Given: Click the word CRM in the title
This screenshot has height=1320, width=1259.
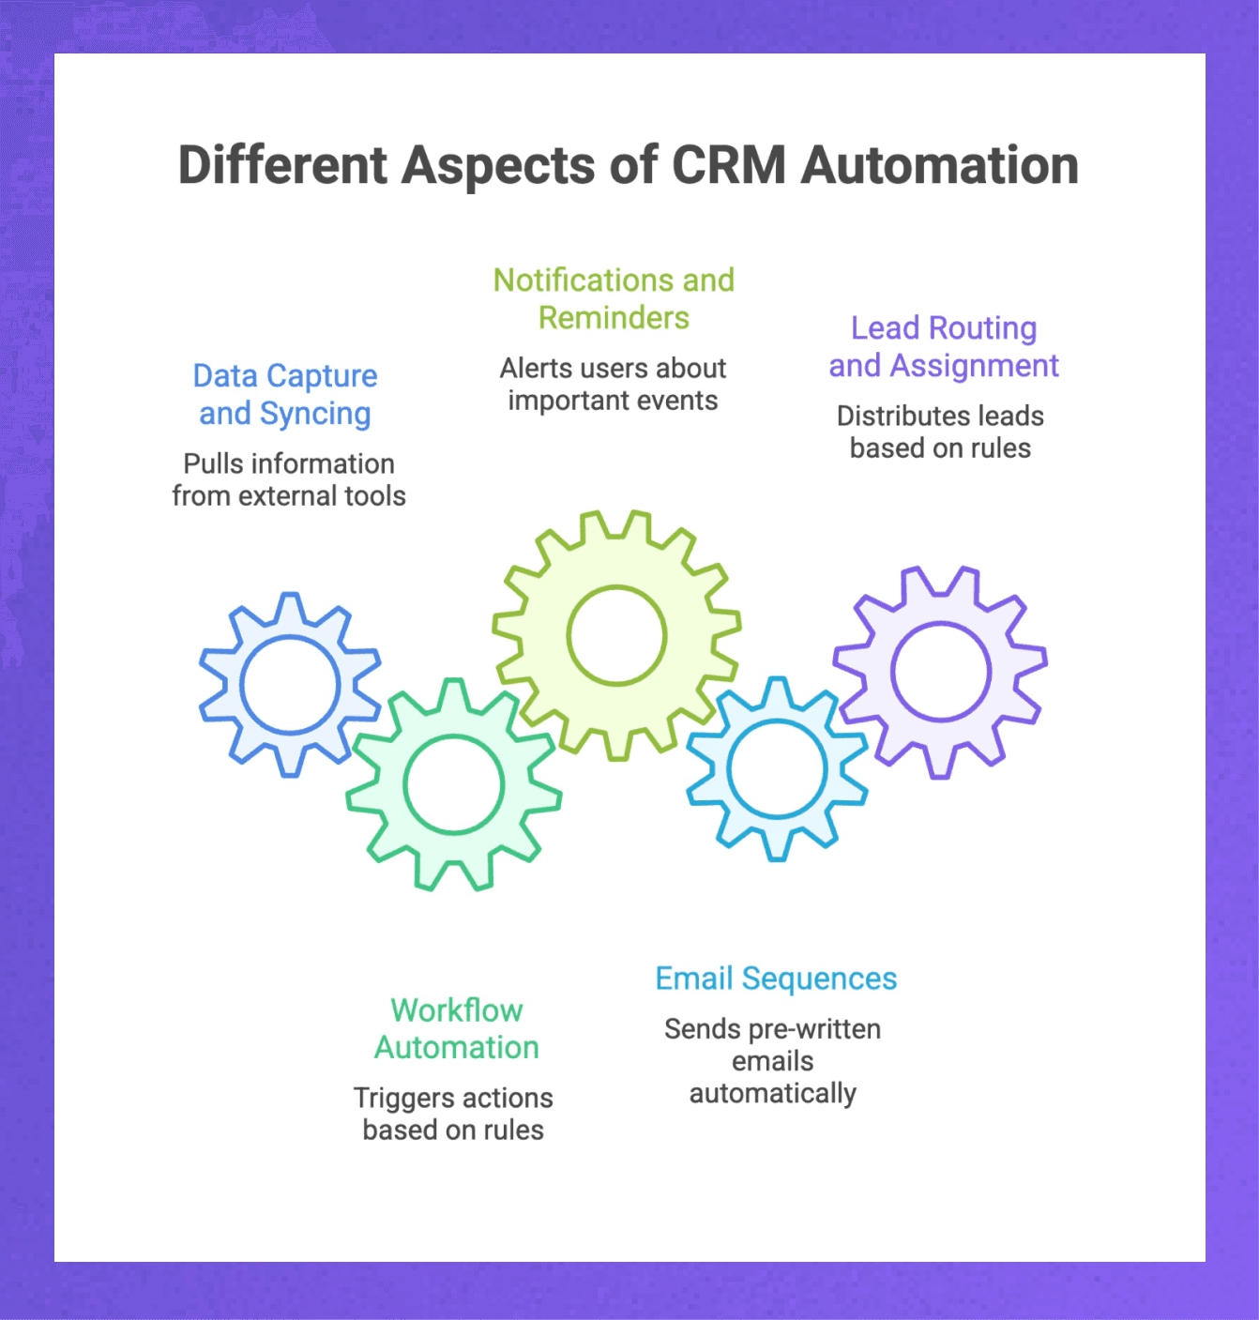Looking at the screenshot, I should (x=728, y=165).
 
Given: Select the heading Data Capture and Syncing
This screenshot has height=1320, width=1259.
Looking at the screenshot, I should (x=285, y=394).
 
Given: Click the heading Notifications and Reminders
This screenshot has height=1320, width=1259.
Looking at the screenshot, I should (x=614, y=298).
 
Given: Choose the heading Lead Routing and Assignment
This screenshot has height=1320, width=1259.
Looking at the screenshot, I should (x=943, y=346).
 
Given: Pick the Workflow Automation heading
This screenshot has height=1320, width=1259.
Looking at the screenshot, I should (x=457, y=1028).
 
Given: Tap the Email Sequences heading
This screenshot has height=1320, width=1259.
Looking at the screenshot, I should (x=776, y=979).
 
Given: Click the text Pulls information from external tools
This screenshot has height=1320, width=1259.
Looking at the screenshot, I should (x=289, y=479).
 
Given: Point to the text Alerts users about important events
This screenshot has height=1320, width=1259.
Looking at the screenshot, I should (x=613, y=384).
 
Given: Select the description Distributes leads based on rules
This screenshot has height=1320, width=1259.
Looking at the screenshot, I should (x=940, y=432).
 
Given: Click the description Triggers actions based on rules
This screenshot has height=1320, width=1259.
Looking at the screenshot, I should (x=453, y=1114).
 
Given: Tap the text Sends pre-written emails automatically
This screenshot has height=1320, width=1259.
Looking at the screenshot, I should (x=772, y=1061).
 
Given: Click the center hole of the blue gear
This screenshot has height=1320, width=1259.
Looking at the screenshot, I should (x=290, y=685).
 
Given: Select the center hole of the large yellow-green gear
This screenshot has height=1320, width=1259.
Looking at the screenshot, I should (x=616, y=635).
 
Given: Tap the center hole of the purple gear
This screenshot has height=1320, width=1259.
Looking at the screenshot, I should (x=940, y=672).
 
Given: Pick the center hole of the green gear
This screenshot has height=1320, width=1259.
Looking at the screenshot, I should (x=454, y=784).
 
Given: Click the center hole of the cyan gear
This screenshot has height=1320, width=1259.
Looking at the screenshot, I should (x=776, y=769).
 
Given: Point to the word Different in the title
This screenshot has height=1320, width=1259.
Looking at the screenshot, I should (x=282, y=165).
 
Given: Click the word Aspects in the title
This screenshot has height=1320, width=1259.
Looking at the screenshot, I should (x=498, y=165).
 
